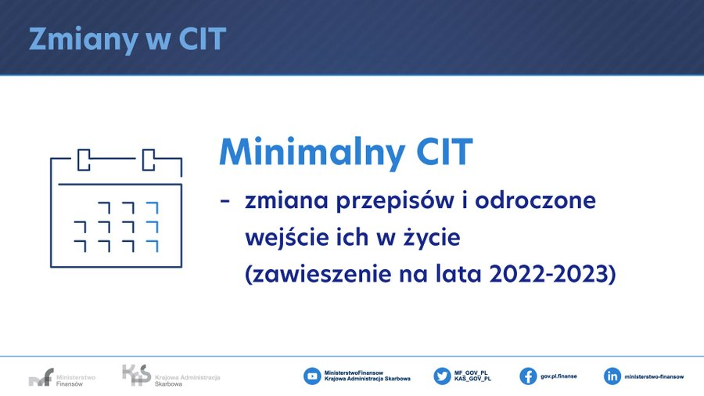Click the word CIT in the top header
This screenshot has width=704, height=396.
pos(203,38)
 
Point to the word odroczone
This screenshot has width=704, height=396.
pos(535,200)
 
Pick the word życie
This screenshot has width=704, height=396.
pos(432,237)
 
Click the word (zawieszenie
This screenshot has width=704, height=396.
pos(318,274)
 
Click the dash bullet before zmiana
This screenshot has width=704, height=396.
pos(224,200)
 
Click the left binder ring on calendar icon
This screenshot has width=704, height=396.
pos(84,160)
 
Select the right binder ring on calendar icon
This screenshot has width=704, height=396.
pos(149,160)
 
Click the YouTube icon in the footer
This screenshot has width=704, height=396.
pos(312,376)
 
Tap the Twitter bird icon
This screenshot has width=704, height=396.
pos(442,376)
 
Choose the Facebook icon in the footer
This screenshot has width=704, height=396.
pos(528,376)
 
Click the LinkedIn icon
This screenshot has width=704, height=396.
pos(612,376)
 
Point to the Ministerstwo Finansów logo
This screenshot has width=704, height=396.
pos(62,377)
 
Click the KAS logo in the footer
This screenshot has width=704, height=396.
pos(171,376)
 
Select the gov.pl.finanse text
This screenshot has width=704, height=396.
pos(559,376)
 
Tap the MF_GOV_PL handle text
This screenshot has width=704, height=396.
pos(471,373)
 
